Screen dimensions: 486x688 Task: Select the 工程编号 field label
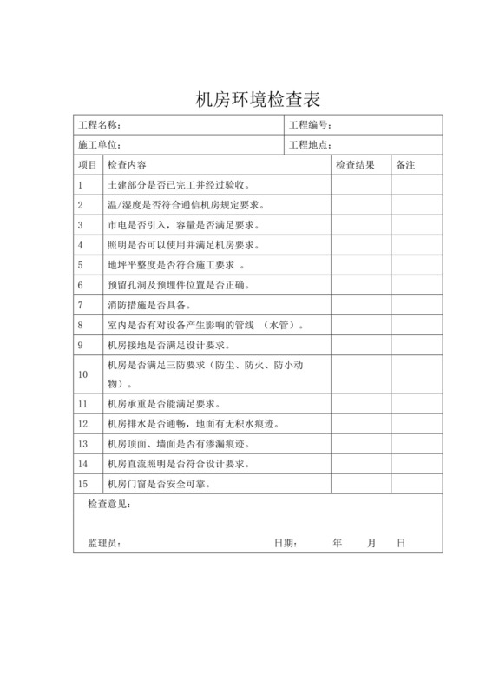point(310,125)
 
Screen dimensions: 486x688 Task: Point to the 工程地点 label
point(310,145)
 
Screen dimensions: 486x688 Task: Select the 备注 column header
point(405,165)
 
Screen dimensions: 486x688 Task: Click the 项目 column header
point(88,165)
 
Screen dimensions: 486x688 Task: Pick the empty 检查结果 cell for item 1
point(359,185)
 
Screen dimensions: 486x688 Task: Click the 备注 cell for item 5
point(416,265)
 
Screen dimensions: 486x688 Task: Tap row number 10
point(83,374)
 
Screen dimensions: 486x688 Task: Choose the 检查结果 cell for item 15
point(359,484)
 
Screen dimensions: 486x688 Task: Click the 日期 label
point(286,543)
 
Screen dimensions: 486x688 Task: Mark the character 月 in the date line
point(371,543)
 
